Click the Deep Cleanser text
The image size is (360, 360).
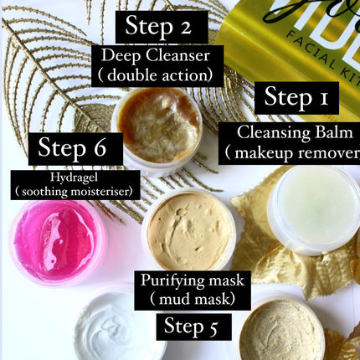(x=162, y=55)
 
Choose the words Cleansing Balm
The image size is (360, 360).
(x=297, y=132)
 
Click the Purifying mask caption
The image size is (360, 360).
(x=186, y=279)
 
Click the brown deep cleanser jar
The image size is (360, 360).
(x=157, y=126)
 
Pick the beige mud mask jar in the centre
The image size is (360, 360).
(x=188, y=230)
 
